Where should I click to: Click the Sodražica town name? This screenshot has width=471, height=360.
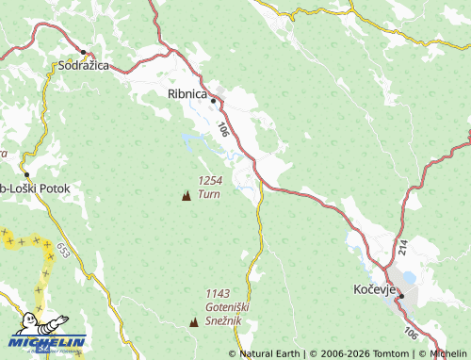pyautogui.click(x=84, y=66)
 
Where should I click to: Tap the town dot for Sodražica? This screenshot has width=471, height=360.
pyautogui.click(x=83, y=51)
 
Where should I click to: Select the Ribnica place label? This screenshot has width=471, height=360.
pyautogui.click(x=186, y=94)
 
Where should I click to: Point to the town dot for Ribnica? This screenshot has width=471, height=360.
pyautogui.click(x=214, y=101)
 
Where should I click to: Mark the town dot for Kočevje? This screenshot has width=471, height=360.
pyautogui.click(x=401, y=297)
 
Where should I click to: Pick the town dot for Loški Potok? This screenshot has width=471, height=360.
pyautogui.click(x=26, y=175)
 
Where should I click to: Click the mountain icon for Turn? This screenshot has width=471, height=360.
pyautogui.click(x=186, y=196)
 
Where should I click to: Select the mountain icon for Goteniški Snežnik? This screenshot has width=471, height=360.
pyautogui.click(x=194, y=321)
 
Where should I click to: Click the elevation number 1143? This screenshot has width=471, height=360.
pyautogui.click(x=218, y=293)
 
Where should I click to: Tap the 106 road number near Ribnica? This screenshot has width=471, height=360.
pyautogui.click(x=222, y=130)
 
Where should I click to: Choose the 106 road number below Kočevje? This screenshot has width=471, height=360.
pyautogui.click(x=410, y=333)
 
